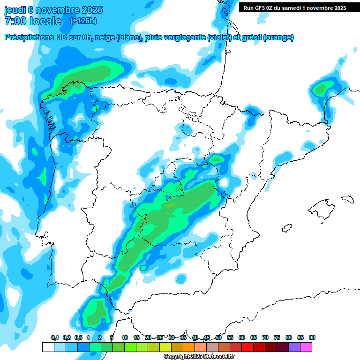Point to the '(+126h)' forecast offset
click(83, 21)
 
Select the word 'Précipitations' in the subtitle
click(28, 37)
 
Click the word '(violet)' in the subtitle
click(219, 37)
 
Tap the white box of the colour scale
click(48, 347)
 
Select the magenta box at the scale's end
click(306, 347)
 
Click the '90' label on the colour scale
click(312, 337)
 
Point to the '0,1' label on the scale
click(54, 337)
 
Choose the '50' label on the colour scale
click(218, 337)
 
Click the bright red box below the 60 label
click(247, 347)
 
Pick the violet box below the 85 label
click(294, 347)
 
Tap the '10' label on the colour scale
click(125, 337)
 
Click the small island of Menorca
click(347, 199)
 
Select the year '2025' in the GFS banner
click(337, 8)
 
